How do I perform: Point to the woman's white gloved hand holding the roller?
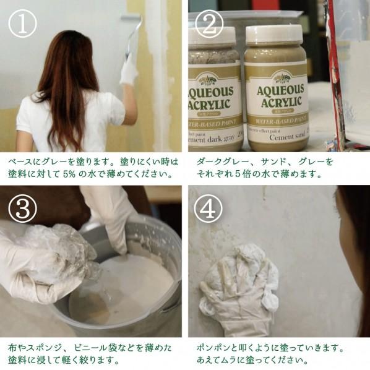point(129,70)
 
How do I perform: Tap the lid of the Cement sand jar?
point(275,35)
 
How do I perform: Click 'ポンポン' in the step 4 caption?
point(214,348)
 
